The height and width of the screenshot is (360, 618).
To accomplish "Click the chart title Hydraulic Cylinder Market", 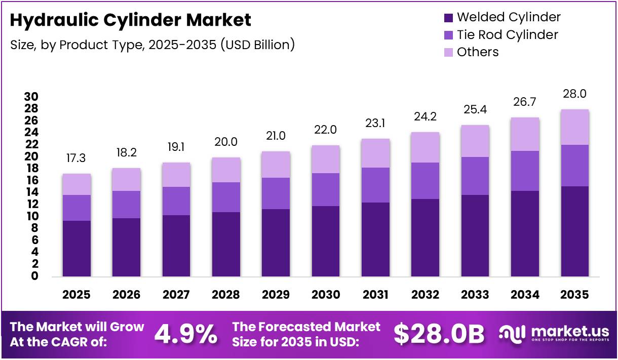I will pyautogui.click(x=131, y=20).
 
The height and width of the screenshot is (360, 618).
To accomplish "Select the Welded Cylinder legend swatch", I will pyautogui.click(x=448, y=18).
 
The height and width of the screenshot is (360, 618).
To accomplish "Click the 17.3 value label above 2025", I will pyautogui.click(x=76, y=159).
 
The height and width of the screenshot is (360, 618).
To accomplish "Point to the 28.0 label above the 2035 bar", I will pyautogui.click(x=574, y=94).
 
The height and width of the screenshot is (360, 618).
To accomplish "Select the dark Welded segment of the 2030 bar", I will pyautogui.click(x=325, y=241).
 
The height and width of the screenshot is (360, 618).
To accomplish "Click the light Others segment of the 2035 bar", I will pyautogui.click(x=574, y=127).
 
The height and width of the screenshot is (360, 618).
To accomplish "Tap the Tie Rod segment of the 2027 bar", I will pyautogui.click(x=176, y=201).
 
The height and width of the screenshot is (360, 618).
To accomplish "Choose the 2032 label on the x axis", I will pyautogui.click(x=425, y=295).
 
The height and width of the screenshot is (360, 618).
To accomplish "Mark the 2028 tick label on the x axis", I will pyautogui.click(x=226, y=295).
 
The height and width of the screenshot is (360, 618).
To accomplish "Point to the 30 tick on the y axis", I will pyautogui.click(x=31, y=97).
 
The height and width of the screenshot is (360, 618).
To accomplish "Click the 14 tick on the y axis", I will pyautogui.click(x=31, y=192).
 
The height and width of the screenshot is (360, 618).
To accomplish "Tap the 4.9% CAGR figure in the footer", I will pyautogui.click(x=185, y=334).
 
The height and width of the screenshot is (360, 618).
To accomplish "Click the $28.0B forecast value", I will pyautogui.click(x=439, y=334).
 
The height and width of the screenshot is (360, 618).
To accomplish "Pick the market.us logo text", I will pyautogui.click(x=570, y=331).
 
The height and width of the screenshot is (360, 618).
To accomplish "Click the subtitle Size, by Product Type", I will pyautogui.click(x=152, y=45).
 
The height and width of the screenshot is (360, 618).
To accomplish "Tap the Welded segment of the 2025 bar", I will pyautogui.click(x=76, y=249).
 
